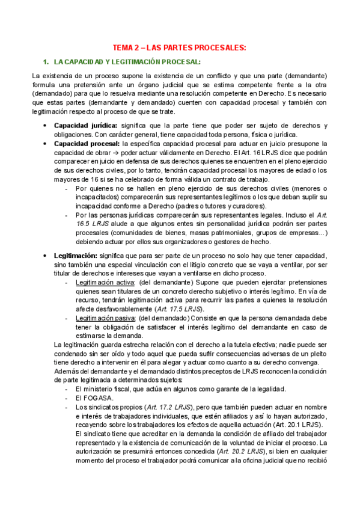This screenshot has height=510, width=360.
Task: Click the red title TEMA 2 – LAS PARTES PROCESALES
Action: coord(180,48)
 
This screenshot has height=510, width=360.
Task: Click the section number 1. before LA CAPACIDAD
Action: coord(44,62)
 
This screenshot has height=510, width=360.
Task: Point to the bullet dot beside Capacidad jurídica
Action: coord(46,125)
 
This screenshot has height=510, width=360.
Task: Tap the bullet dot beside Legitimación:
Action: coord(46,255)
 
